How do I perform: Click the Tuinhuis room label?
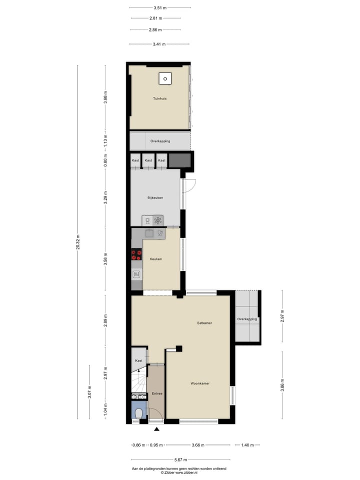pyautogui.click(x=160, y=98)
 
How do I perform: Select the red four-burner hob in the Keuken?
pyautogui.click(x=136, y=255)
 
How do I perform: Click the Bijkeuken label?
pyautogui.click(x=155, y=198)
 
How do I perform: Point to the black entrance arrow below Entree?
pyautogui.click(x=157, y=429)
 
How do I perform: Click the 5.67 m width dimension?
pyautogui.click(x=181, y=459)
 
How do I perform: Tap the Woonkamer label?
pyautogui.click(x=200, y=383)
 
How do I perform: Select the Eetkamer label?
pyautogui.click(x=204, y=323)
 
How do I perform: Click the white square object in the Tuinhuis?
pyautogui.click(x=165, y=78)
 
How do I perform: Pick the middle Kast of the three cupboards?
pyautogui.click(x=148, y=160)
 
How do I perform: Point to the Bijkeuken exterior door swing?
pyautogui.click(x=190, y=186)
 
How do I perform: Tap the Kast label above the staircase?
pyautogui.click(x=138, y=360)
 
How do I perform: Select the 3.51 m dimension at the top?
pyautogui.click(x=160, y=7)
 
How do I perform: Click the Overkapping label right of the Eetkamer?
pyautogui.click(x=247, y=319)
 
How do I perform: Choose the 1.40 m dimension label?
pyautogui.click(x=247, y=444)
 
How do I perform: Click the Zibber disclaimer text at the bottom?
pyautogui.click(x=179, y=470)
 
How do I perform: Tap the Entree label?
pyautogui.click(x=156, y=393)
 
